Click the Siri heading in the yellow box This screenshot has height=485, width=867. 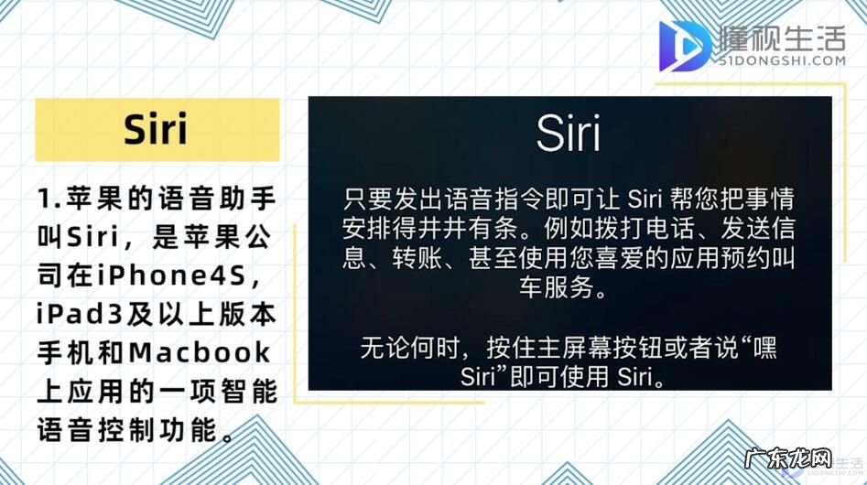(157, 129)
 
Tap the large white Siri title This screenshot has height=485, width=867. (569, 135)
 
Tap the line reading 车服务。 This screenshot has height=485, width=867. (569, 290)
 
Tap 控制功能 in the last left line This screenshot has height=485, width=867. (160, 429)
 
